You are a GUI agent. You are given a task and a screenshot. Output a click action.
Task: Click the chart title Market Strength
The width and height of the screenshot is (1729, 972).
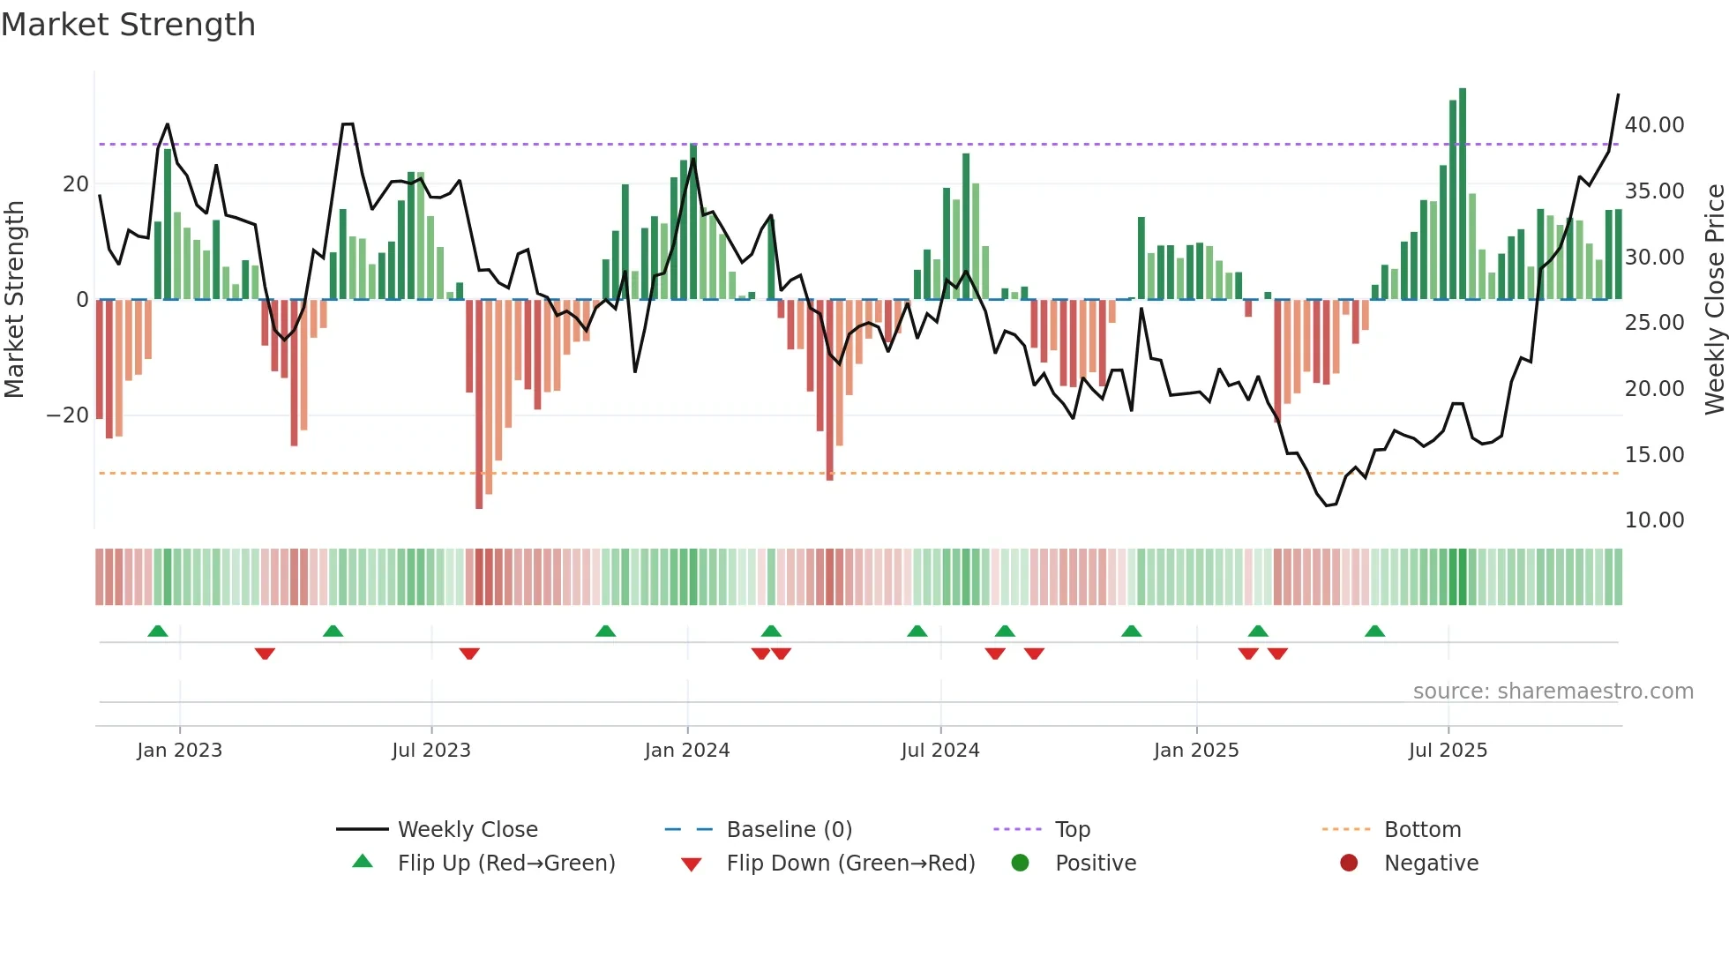tap(128, 25)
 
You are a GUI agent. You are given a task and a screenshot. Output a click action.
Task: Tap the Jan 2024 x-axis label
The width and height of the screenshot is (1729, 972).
tap(687, 751)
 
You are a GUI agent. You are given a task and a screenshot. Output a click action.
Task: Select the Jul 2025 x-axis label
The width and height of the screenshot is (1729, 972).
tap(1448, 751)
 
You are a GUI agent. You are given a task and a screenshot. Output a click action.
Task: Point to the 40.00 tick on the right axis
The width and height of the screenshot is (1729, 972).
tap(1654, 125)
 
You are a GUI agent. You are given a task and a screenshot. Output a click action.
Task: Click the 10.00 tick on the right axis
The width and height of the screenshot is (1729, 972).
tap(1654, 520)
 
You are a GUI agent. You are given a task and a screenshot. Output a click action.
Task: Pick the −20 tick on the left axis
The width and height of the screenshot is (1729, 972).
tap(68, 415)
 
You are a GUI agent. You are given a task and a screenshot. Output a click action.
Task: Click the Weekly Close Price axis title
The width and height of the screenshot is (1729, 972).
tap(1714, 300)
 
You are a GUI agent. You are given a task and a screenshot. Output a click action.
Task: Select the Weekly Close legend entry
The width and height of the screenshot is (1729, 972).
tap(468, 830)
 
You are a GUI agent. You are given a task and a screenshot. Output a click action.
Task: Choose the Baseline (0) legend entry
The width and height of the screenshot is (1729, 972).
tap(789, 830)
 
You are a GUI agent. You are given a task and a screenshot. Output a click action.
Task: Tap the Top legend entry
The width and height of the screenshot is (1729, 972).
tap(1073, 830)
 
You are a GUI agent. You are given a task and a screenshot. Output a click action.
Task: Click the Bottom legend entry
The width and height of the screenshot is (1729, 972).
tap(1422, 830)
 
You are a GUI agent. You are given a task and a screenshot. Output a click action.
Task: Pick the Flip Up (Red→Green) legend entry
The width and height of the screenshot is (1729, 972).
tap(505, 864)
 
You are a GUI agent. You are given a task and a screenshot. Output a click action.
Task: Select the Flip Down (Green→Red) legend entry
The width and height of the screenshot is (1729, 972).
tap(850, 864)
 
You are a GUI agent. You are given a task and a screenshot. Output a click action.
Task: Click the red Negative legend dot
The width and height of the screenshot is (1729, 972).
tap(1349, 863)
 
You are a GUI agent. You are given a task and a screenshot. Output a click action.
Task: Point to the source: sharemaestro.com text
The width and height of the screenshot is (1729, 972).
tap(1553, 692)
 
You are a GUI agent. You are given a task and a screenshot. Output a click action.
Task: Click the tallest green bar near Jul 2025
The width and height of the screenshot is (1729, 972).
tap(1463, 194)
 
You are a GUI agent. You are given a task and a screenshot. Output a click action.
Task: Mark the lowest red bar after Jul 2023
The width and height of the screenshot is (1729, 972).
tap(479, 406)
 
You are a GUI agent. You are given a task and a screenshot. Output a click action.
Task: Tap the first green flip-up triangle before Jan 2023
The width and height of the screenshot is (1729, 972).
tap(158, 632)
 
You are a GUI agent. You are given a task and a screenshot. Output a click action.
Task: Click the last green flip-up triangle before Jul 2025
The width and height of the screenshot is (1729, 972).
tap(1374, 632)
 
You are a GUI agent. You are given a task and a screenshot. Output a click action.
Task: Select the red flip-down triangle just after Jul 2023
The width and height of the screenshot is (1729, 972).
tap(469, 654)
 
